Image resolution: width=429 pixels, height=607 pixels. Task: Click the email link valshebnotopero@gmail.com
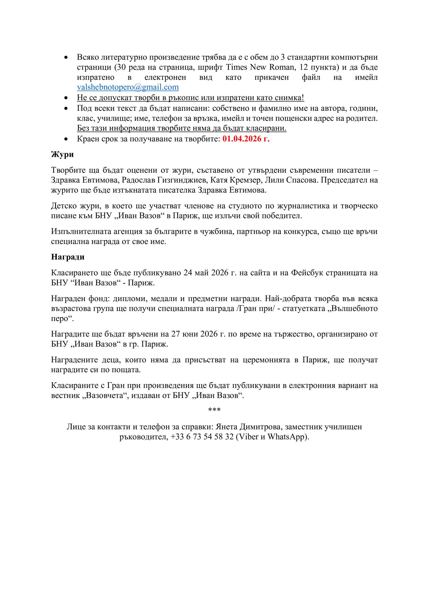(x=128, y=87)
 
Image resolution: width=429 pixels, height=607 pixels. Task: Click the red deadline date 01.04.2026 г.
(x=246, y=139)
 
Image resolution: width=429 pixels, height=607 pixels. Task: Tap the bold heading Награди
(x=68, y=257)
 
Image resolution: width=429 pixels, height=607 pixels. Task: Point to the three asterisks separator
(x=214, y=410)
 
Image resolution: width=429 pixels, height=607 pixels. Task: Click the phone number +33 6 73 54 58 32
(x=202, y=437)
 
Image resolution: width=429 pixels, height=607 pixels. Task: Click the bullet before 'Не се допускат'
(x=66, y=98)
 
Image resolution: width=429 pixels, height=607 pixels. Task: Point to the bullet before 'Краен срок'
(x=66, y=139)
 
